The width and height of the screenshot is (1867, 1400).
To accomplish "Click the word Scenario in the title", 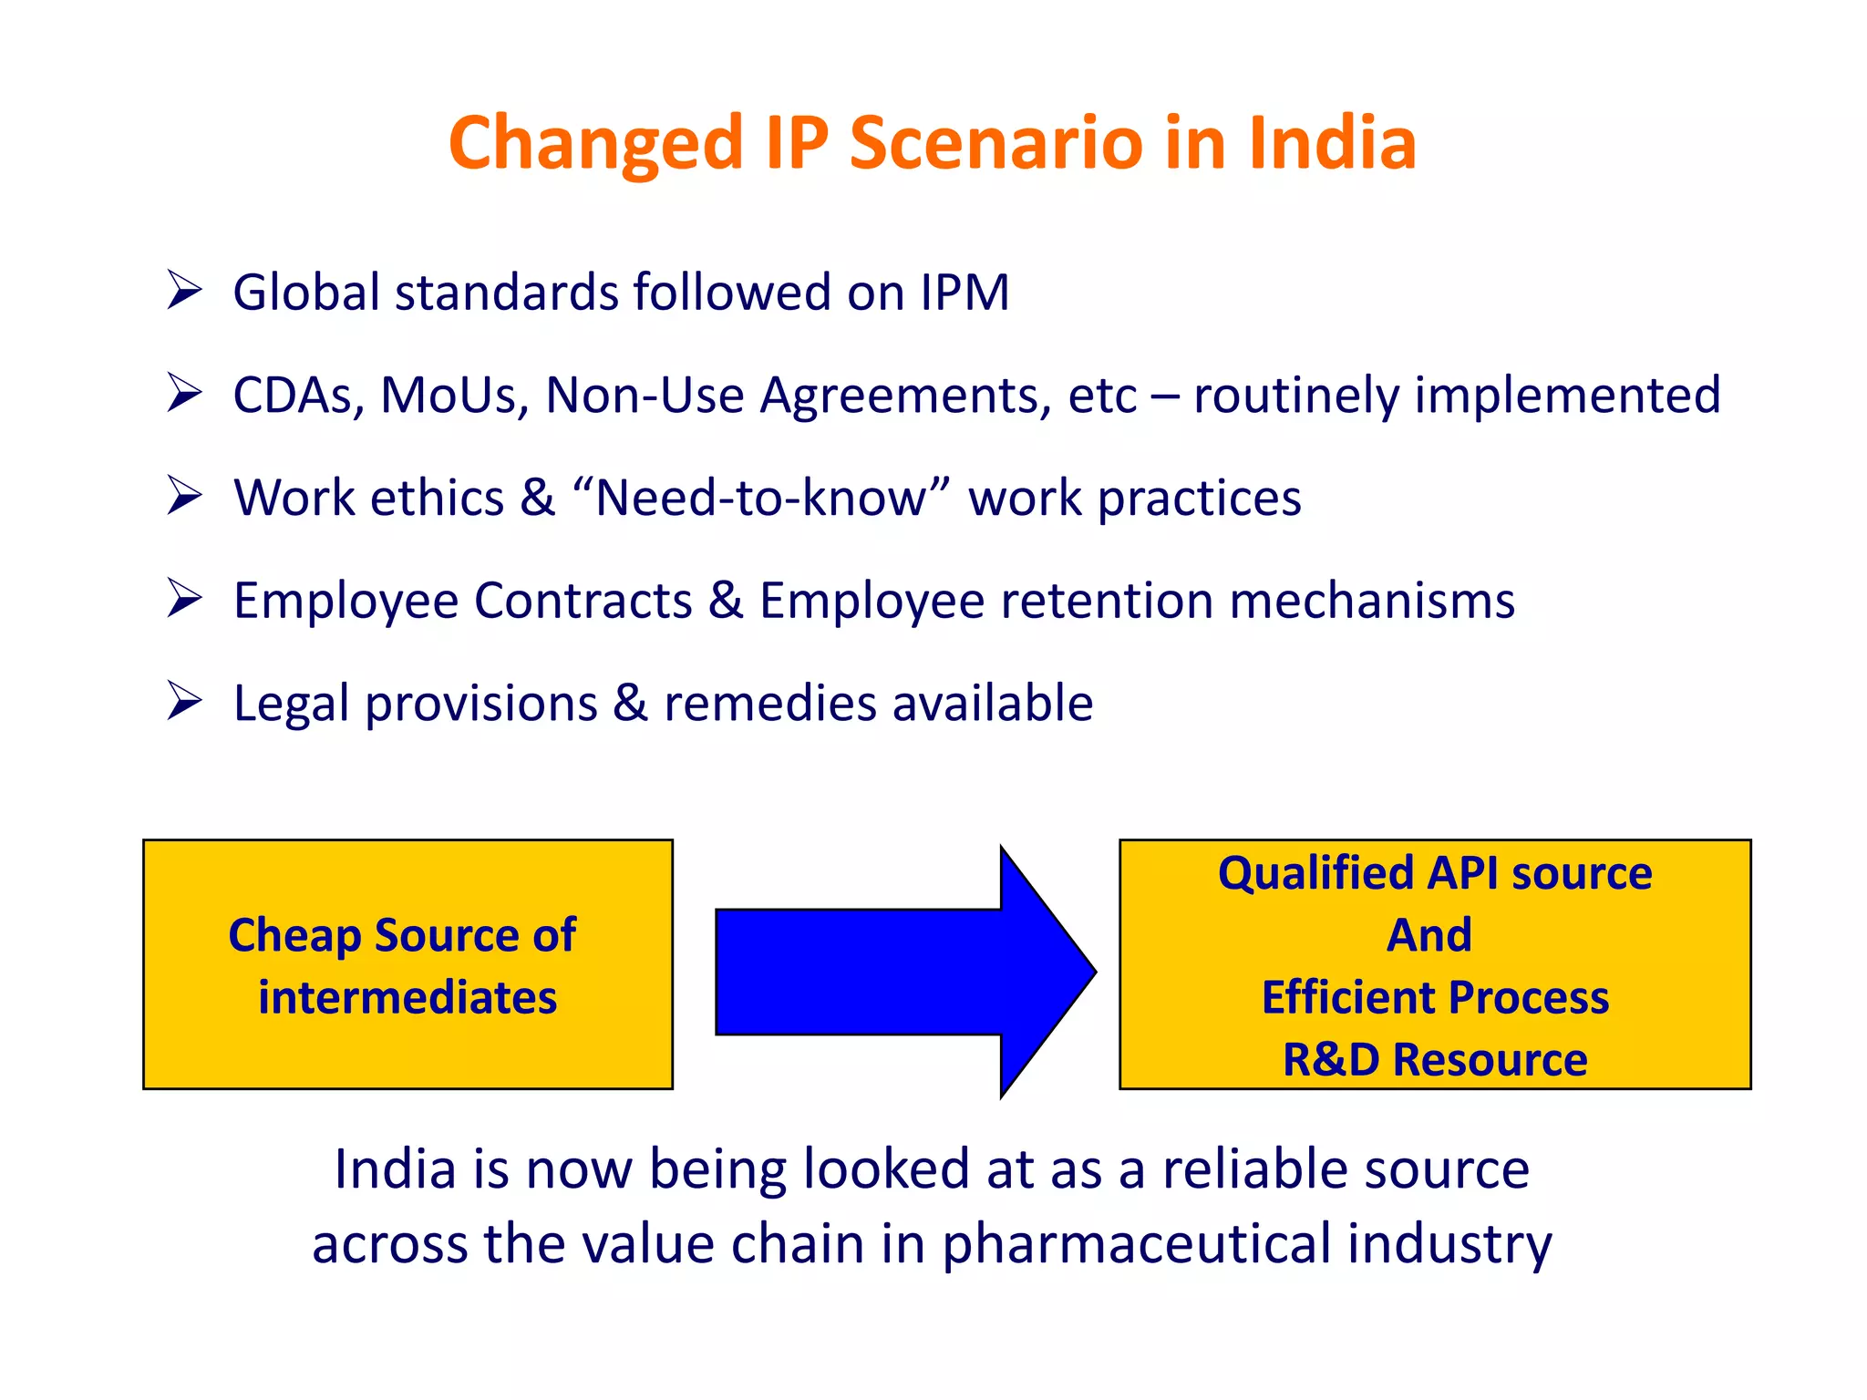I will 995,143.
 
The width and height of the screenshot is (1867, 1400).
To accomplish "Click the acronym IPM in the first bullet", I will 964,293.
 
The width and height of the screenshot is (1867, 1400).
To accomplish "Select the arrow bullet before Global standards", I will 184,291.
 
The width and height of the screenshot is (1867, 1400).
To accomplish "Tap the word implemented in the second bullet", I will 1567,396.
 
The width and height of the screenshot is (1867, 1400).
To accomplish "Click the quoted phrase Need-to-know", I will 760,499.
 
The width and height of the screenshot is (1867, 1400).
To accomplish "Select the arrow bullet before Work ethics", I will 184,497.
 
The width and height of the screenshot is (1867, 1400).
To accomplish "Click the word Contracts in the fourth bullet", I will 583,602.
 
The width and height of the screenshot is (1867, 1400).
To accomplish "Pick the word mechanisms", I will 1372,602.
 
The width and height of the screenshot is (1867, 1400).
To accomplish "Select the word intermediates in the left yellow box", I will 407,997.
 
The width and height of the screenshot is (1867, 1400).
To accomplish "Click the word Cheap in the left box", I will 294,935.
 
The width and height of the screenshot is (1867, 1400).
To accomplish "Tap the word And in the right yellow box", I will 1429,935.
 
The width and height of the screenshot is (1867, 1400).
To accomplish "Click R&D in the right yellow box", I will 1330,1060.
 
